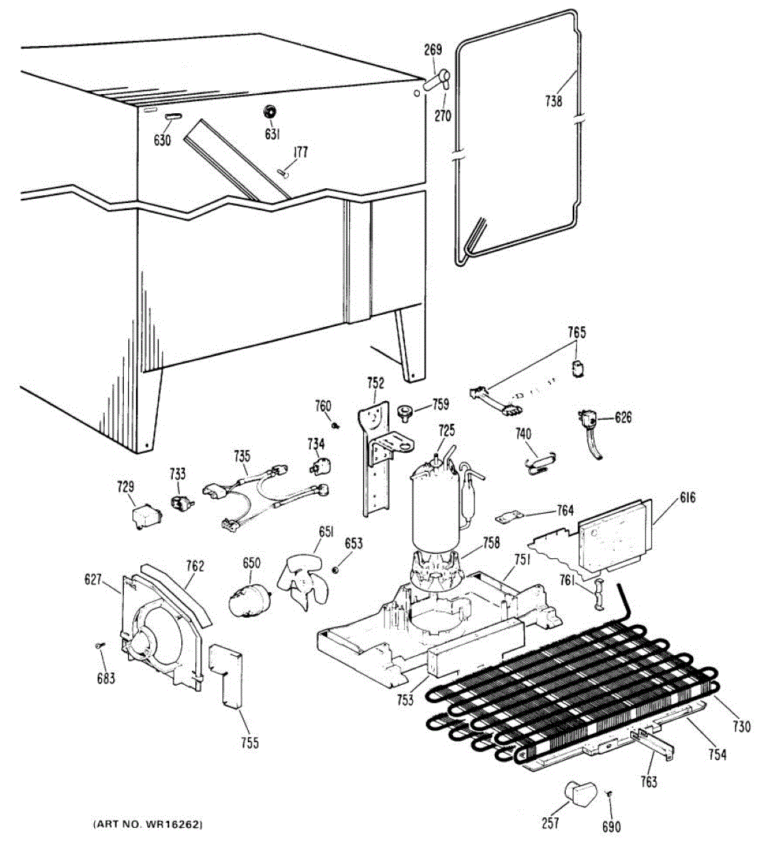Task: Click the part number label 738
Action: pyautogui.click(x=554, y=101)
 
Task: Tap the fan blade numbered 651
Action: pyautogui.click(x=303, y=581)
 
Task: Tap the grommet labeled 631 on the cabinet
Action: pyautogui.click(x=270, y=112)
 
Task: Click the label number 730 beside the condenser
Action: pyautogui.click(x=740, y=725)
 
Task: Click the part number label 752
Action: pyautogui.click(x=375, y=383)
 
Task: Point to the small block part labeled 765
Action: pyautogui.click(x=578, y=366)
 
